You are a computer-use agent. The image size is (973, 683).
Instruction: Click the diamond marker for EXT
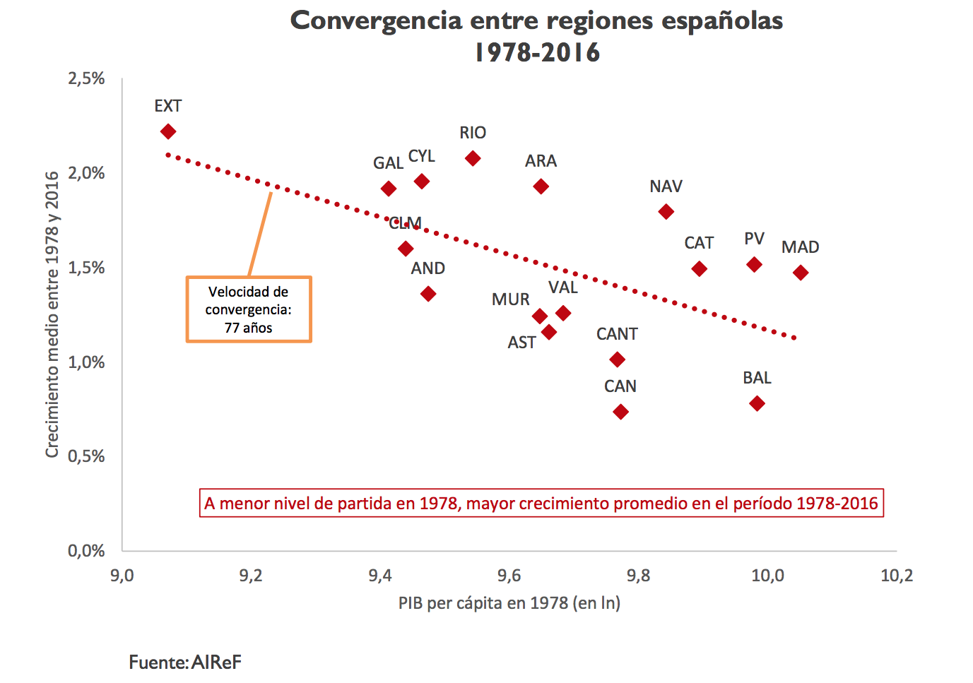[168, 132]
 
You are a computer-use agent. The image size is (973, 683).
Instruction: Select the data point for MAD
[800, 273]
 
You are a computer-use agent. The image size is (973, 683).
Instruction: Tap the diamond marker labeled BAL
[757, 403]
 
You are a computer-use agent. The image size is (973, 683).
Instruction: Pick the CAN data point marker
[620, 412]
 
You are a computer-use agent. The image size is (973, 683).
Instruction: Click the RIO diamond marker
[473, 158]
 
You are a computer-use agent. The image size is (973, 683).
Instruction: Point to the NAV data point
[666, 212]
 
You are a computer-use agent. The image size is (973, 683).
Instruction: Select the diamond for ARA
[541, 186]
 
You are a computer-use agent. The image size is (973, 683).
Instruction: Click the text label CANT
[617, 334]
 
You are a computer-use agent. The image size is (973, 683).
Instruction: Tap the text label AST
[521, 343]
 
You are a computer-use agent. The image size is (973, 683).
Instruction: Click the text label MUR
[510, 299]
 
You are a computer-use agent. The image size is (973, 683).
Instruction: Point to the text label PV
[754, 239]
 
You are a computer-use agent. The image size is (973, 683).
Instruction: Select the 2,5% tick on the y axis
[86, 78]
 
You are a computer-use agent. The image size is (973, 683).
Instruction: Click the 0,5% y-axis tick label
[86, 456]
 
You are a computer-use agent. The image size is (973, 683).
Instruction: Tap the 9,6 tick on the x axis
[509, 576]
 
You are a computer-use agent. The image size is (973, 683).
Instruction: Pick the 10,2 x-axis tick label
[896, 576]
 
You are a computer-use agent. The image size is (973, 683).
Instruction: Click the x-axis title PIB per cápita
[509, 603]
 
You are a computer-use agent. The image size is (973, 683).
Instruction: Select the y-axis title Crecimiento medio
[52, 314]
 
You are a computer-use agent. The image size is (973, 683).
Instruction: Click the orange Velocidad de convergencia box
[249, 309]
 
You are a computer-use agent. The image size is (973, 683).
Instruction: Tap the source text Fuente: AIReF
[185, 663]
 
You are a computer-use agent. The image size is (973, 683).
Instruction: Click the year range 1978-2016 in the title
[537, 52]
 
